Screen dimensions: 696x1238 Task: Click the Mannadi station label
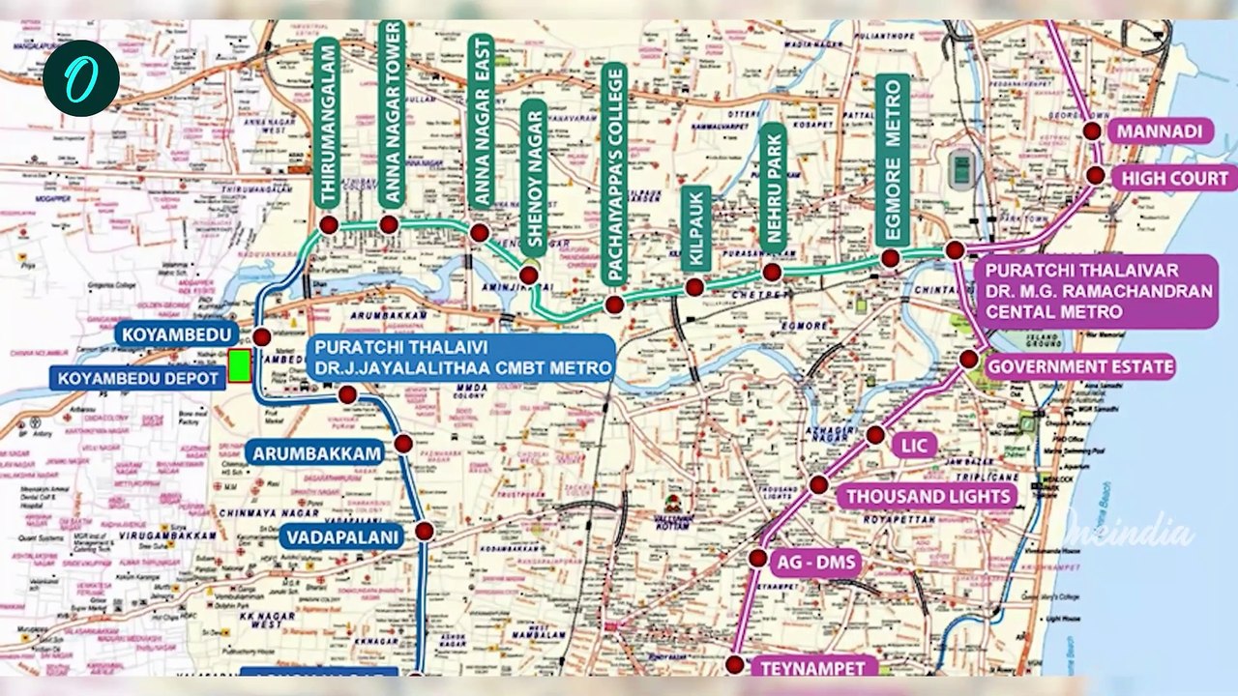point(1160,130)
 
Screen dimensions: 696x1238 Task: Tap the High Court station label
point(1174,178)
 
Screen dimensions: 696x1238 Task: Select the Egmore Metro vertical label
point(892,159)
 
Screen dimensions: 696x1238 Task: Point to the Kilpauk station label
point(695,228)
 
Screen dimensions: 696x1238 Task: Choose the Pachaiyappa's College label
point(614,174)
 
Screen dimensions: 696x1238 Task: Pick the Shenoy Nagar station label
point(534,179)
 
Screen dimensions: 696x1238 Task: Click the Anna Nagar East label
point(481,121)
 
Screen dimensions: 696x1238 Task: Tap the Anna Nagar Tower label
point(391,113)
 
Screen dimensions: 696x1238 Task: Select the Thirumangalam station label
point(327,122)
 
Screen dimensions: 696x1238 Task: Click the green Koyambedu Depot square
point(239,366)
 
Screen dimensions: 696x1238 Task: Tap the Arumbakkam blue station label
point(317,451)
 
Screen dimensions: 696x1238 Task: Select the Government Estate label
point(1079,366)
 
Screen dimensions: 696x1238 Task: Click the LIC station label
point(914,446)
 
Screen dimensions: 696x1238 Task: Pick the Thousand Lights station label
point(928,497)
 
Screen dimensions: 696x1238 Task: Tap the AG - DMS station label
point(816,562)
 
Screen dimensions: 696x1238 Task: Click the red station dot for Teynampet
point(735,665)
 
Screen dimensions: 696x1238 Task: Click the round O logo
point(80,78)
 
